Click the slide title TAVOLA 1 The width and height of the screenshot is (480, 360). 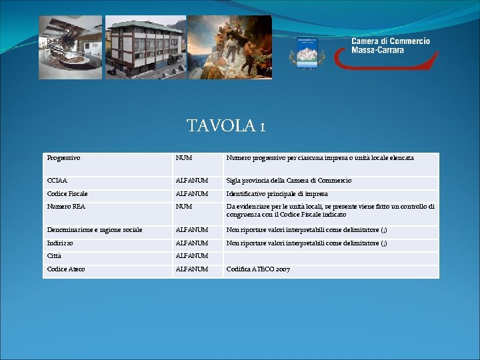226,125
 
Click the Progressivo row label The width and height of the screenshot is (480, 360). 64,158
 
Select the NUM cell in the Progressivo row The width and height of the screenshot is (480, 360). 184,158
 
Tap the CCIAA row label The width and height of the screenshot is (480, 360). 57,181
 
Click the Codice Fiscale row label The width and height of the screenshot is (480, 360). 67,194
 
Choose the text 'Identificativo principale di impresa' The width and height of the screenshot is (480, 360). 277,194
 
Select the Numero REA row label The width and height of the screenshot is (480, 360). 66,207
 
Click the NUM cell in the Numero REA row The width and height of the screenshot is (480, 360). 184,207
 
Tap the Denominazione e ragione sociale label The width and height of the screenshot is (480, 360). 95,230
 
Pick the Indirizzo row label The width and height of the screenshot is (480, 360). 61,243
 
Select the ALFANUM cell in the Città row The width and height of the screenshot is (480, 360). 192,256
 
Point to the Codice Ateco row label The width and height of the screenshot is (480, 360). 66,269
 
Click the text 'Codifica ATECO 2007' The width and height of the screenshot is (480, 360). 259,269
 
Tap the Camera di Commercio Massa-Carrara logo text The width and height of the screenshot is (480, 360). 391,45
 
